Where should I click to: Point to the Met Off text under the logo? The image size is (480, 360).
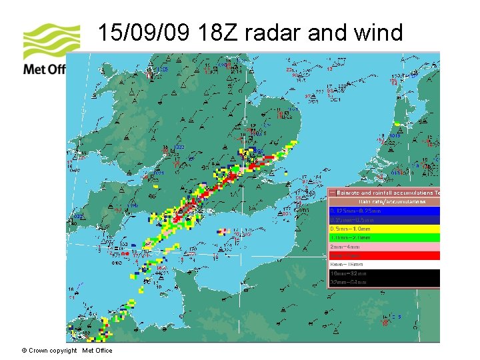tap(44, 69)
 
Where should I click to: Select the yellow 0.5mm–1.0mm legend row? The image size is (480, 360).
tap(384, 229)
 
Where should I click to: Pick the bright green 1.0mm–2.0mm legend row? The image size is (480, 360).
tap(384, 237)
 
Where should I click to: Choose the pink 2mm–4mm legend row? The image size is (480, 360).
tap(384, 247)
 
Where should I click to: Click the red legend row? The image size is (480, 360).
tap(384, 255)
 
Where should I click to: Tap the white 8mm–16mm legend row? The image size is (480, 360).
tap(384, 265)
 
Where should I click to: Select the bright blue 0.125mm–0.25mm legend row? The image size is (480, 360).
tap(384, 211)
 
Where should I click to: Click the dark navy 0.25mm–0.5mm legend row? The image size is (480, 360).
tap(384, 219)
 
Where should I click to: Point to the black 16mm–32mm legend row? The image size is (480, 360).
tap(384, 273)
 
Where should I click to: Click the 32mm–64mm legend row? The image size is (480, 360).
tap(384, 283)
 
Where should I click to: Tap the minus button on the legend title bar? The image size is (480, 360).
tap(333, 193)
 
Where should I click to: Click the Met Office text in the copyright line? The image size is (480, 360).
tap(97, 351)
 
